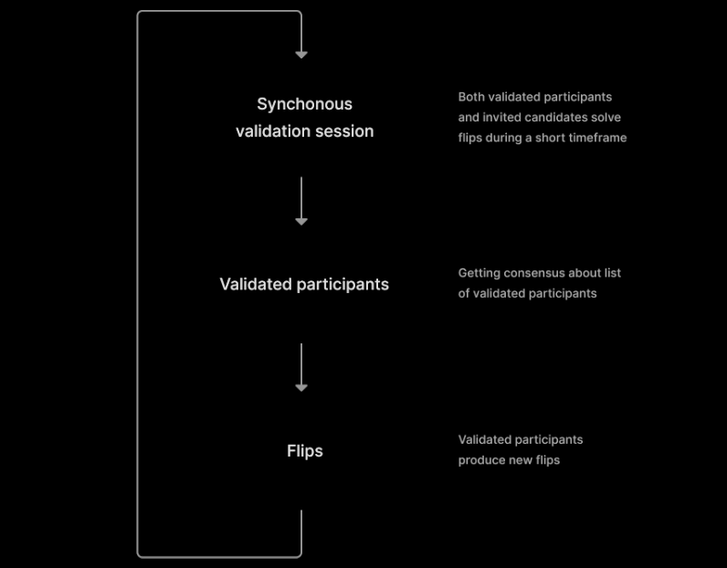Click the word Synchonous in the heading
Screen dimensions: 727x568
pos(305,105)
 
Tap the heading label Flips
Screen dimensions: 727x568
pos(305,451)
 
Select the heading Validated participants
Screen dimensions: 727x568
pos(304,284)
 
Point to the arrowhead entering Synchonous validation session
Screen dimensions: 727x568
pos(301,55)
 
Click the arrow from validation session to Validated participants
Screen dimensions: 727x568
pos(301,201)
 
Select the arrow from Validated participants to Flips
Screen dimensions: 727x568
pos(301,368)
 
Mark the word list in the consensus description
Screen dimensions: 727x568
pos(613,273)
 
